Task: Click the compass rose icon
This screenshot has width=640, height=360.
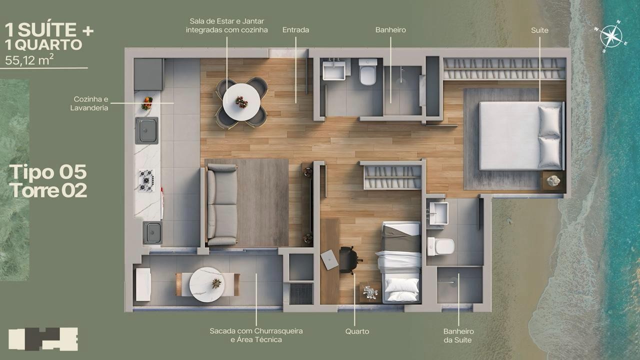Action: click(x=611, y=36)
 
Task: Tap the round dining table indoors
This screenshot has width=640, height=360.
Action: click(x=241, y=102)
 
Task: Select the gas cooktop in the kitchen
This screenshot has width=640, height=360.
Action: click(x=146, y=180)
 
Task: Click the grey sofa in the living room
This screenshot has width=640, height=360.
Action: click(x=221, y=204)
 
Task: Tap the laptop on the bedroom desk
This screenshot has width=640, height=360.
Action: click(x=329, y=259)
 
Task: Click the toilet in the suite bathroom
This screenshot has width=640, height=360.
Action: click(x=440, y=246)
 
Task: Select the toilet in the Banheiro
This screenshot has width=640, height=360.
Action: click(x=368, y=71)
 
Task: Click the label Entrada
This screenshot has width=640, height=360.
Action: click(x=295, y=30)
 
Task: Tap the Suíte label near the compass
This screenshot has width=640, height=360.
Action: click(x=539, y=30)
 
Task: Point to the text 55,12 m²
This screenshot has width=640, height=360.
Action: click(x=29, y=60)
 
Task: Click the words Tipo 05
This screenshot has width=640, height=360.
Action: click(x=48, y=172)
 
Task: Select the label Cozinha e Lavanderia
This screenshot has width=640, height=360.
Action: click(x=89, y=103)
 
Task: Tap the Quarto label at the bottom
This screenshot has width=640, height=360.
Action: click(x=357, y=331)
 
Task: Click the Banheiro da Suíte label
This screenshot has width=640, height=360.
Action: click(x=458, y=335)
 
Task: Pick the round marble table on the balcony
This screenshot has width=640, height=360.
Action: click(x=207, y=284)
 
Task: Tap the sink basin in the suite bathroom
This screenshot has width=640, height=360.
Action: click(x=438, y=213)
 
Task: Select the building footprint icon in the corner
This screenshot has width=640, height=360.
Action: click(x=43, y=339)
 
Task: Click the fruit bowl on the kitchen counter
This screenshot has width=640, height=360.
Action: click(x=147, y=103)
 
